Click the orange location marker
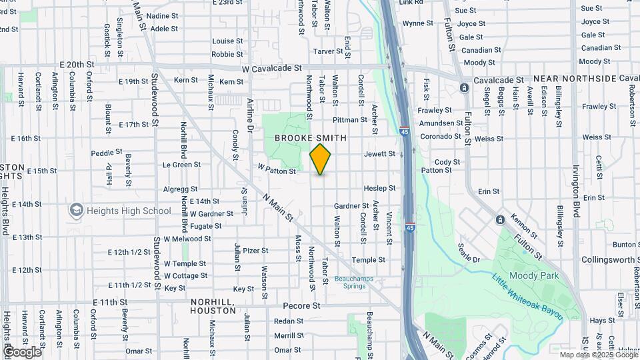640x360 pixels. pyautogui.click(x=321, y=159)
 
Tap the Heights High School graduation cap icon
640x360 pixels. pyautogui.click(x=75, y=211)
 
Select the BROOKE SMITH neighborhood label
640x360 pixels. pyautogui.click(x=311, y=138)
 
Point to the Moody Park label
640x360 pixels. pyautogui.click(x=531, y=275)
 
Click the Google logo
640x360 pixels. pyautogui.click(x=22, y=351)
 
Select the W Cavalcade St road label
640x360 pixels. pyautogui.click(x=272, y=68)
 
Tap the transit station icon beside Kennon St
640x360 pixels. pyautogui.click(x=500, y=219)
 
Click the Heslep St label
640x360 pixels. pyautogui.click(x=379, y=189)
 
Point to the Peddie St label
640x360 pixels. pyautogui.click(x=103, y=153)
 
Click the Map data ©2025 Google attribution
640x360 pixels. pyautogui.click(x=599, y=355)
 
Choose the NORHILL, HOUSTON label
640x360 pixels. pyautogui.click(x=213, y=306)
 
